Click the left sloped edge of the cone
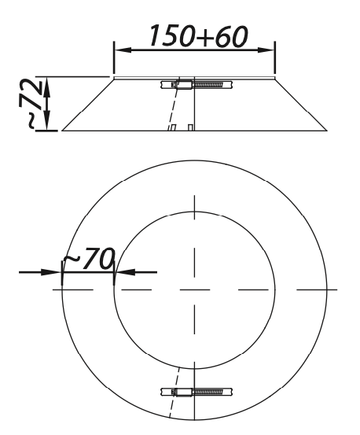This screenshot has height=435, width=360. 88,104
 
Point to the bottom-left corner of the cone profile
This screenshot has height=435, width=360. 61,131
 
